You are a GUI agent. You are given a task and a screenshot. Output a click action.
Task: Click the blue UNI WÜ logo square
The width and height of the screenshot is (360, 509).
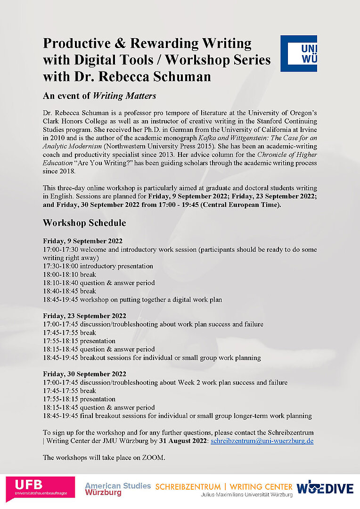point(299,53)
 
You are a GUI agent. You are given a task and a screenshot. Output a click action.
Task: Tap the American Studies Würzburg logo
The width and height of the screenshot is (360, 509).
point(118,489)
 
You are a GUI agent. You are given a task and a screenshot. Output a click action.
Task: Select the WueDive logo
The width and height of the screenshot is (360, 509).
point(325,487)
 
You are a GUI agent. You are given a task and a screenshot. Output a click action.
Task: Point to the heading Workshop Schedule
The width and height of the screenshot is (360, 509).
point(84,222)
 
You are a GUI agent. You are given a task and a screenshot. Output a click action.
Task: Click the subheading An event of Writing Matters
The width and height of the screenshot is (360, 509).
point(99,96)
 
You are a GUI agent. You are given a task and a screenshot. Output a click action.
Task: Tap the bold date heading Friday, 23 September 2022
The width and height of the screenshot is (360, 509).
point(84,316)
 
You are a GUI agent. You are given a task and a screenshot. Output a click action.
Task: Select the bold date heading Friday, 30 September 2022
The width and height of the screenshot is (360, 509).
point(84,374)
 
